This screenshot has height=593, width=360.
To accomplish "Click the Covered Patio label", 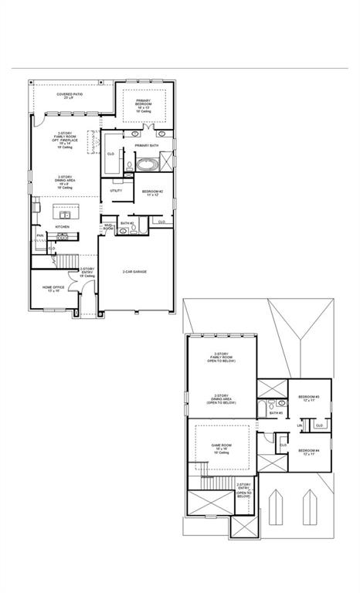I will coord(70,96).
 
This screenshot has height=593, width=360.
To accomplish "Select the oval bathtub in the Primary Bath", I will coord(146,164).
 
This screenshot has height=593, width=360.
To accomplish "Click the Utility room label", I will coord(116,190).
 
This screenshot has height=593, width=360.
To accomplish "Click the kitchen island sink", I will coord(63,212).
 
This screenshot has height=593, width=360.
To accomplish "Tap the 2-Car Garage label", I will coord(134,271).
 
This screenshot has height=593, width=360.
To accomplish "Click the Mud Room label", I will coord(109,228).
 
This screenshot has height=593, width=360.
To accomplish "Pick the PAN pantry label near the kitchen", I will coord(39,236).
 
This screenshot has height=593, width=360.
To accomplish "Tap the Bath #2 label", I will coord(127,223).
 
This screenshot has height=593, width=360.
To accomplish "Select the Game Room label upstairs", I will coord(222,448).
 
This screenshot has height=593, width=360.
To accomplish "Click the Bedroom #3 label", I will coord(309,398).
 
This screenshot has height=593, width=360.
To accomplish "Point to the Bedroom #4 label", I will coord(309,451).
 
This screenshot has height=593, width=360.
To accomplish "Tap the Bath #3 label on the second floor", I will coord(275,413).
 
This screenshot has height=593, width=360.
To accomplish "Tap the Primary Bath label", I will coord(146,145).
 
